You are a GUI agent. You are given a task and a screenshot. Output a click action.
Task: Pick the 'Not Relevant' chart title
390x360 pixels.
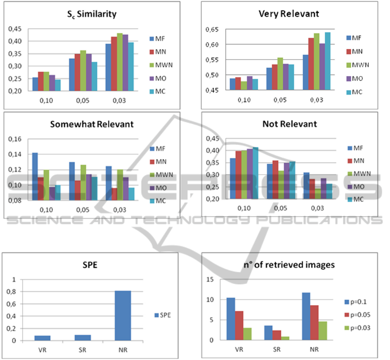pyautogui.click(x=289, y=124)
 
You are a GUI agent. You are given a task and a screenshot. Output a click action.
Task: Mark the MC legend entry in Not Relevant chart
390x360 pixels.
pyautogui.click(x=358, y=199)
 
